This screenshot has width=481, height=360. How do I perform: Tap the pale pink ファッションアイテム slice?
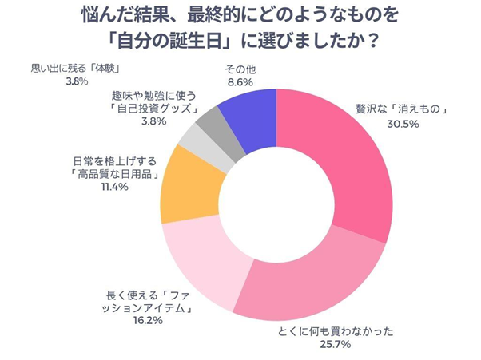(200, 263)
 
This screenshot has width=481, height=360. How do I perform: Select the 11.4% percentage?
(110, 188)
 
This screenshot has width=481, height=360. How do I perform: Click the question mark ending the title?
(373, 38)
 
